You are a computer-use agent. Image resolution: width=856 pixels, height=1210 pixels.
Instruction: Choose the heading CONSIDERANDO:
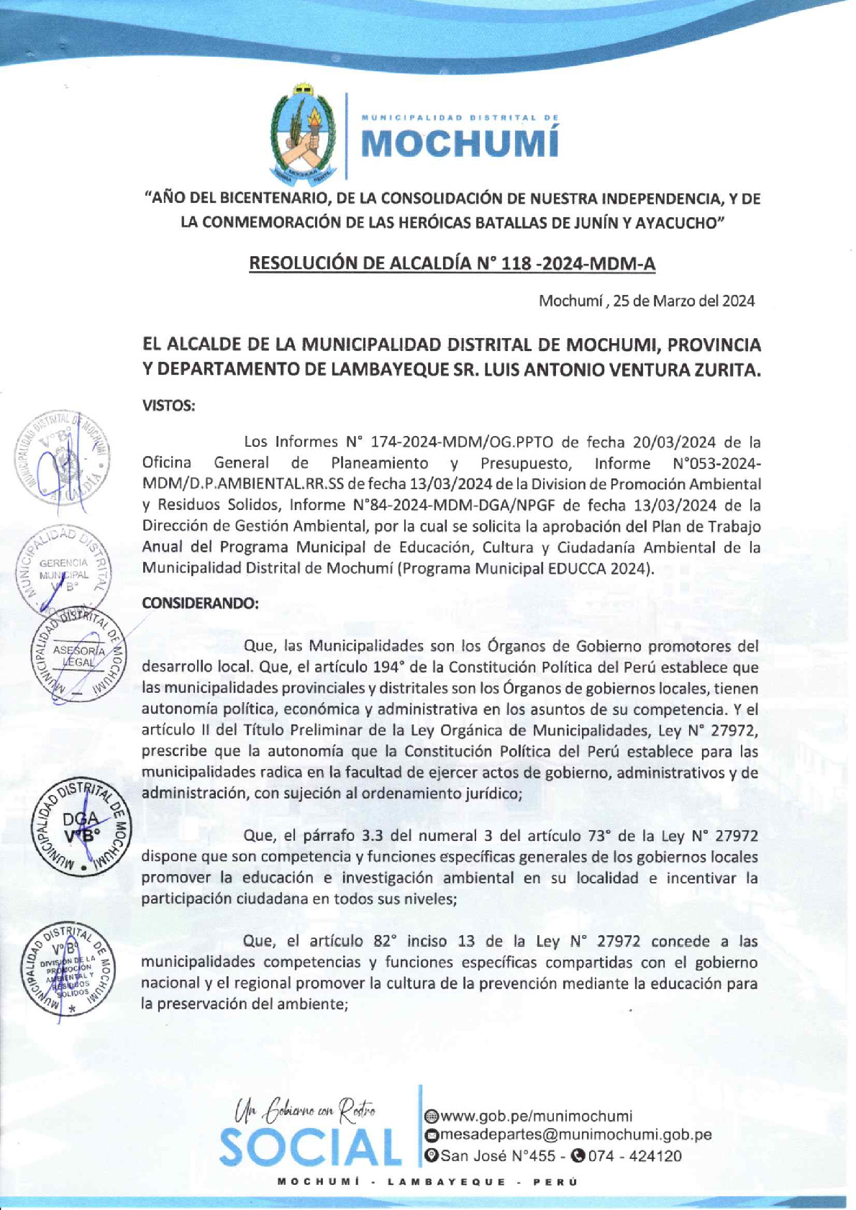(x=199, y=603)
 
